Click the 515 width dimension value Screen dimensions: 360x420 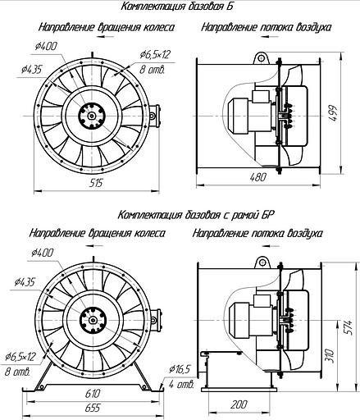click(96, 182)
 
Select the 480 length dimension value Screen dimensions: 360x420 click(257, 177)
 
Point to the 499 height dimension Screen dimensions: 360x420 click(333, 114)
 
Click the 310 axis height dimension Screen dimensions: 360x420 click(330, 356)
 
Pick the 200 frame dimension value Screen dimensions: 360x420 click(239, 404)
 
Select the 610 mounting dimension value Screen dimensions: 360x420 click(93, 394)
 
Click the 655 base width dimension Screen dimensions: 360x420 click(93, 408)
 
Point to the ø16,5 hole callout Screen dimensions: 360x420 click(180, 369)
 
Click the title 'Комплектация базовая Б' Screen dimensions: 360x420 click(177, 7)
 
